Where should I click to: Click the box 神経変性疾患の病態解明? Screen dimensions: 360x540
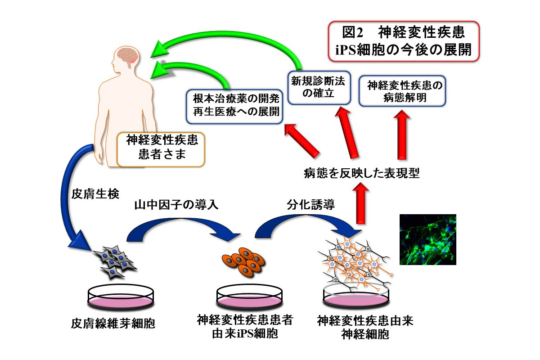402,91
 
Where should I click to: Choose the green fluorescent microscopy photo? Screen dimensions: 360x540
427,239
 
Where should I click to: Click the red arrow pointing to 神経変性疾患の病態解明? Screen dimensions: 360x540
402,135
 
